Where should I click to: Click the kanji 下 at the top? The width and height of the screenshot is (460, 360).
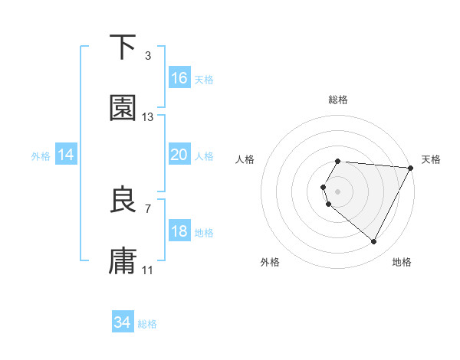tap(123, 47)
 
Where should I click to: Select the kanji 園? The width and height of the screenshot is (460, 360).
tap(123, 109)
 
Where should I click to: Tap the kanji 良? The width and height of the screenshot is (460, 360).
tap(123, 200)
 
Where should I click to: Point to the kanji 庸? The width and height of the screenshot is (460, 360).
tap(123, 261)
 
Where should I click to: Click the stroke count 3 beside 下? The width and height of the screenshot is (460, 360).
tap(148, 56)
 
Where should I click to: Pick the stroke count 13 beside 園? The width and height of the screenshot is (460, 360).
tap(148, 117)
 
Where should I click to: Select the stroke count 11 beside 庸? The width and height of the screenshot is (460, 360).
tap(148, 270)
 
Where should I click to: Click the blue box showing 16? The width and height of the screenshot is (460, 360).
tap(179, 78)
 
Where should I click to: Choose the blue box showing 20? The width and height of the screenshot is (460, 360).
tap(179, 155)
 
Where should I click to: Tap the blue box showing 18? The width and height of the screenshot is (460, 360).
tap(179, 231)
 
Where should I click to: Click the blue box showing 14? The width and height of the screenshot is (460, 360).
tap(66, 155)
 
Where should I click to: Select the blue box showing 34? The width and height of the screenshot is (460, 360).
tap(123, 323)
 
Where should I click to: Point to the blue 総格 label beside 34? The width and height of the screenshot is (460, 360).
tap(147, 324)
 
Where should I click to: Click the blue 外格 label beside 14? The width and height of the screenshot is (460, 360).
tap(41, 155)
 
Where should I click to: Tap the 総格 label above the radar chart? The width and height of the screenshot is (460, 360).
tap(338, 100)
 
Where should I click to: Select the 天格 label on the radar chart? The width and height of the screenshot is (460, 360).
tap(432, 159)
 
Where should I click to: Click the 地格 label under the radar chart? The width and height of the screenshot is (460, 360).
tap(402, 262)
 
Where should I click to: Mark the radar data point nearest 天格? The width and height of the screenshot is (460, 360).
tap(410, 168)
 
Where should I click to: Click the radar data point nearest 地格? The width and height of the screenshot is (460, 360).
tap(374, 242)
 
